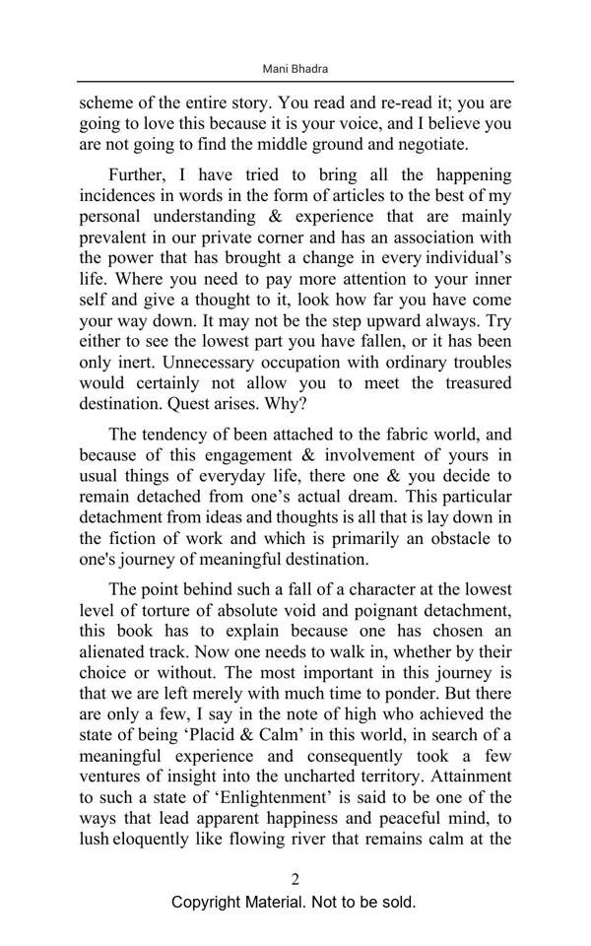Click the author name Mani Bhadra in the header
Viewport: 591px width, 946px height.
295,69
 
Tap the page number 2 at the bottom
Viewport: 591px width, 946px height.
295,879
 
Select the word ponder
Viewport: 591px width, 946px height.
449,693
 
